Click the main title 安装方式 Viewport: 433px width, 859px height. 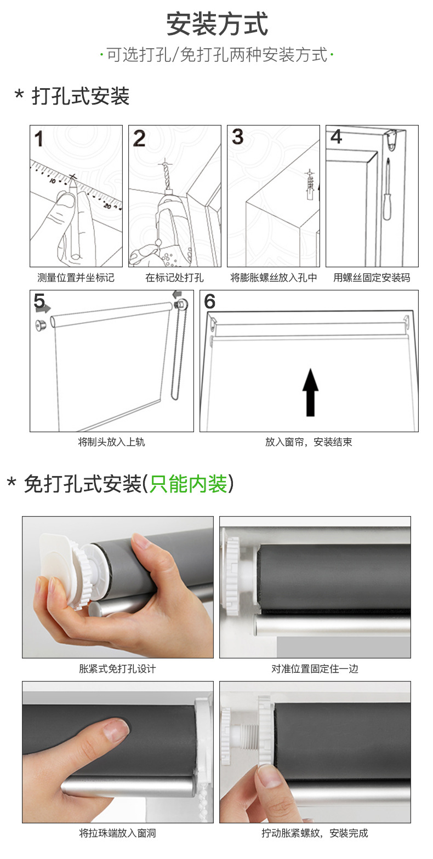point(216,24)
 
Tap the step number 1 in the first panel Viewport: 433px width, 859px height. point(38,139)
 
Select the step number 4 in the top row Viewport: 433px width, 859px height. point(336,137)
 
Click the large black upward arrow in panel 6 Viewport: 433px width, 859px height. point(310,392)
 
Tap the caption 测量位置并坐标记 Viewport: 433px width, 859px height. point(76,277)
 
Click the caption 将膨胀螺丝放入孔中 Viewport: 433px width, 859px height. point(274,277)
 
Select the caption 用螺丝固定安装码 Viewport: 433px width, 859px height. point(372,277)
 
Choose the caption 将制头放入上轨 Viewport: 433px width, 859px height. point(112,442)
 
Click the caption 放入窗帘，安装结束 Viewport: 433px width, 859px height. point(309,442)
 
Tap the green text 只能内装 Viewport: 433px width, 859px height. point(189,484)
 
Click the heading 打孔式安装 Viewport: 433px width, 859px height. point(81,96)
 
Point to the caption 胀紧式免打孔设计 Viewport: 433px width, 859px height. point(117,669)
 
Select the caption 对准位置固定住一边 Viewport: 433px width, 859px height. point(315,669)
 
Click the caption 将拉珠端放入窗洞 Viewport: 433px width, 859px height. point(117,833)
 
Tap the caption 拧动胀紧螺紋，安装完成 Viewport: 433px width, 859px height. point(315,833)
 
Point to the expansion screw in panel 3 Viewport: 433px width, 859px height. point(310,185)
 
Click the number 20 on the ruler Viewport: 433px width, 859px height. point(107,206)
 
